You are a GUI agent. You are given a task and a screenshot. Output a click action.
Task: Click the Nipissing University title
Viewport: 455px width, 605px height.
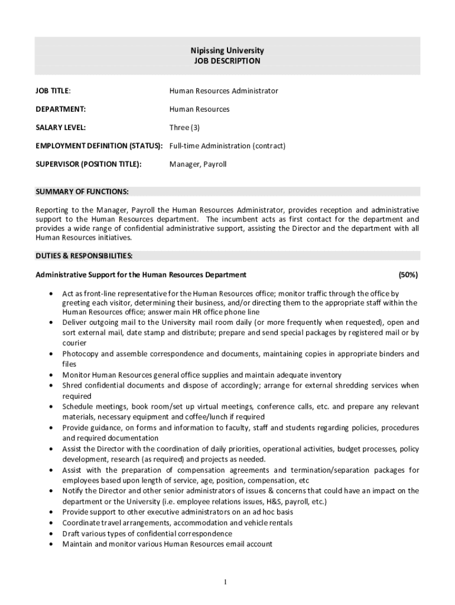(227, 51)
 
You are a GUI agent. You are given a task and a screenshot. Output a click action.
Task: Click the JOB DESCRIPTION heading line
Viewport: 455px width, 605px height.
(227, 61)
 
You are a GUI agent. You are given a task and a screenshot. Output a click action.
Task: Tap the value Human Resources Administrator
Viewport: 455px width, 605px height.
(223, 91)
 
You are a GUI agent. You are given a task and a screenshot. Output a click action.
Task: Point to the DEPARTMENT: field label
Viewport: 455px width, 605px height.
(61, 109)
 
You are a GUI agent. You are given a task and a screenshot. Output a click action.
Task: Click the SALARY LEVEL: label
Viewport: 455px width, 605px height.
(61, 128)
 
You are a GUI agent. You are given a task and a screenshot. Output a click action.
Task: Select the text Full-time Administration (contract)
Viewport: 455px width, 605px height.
(227, 146)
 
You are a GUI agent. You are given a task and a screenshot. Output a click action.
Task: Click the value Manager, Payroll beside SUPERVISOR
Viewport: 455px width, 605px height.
(198, 164)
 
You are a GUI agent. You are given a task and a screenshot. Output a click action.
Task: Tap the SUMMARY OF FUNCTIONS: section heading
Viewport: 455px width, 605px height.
(82, 191)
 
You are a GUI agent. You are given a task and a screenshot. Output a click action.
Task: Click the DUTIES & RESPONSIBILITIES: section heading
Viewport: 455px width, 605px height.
(84, 256)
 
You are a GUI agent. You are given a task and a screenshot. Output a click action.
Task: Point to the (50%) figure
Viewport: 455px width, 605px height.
(408, 275)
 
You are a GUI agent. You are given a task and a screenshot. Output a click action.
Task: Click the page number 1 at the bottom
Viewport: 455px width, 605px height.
(226, 583)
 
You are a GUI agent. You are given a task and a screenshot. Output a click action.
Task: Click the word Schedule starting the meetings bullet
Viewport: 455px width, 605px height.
(78, 407)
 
